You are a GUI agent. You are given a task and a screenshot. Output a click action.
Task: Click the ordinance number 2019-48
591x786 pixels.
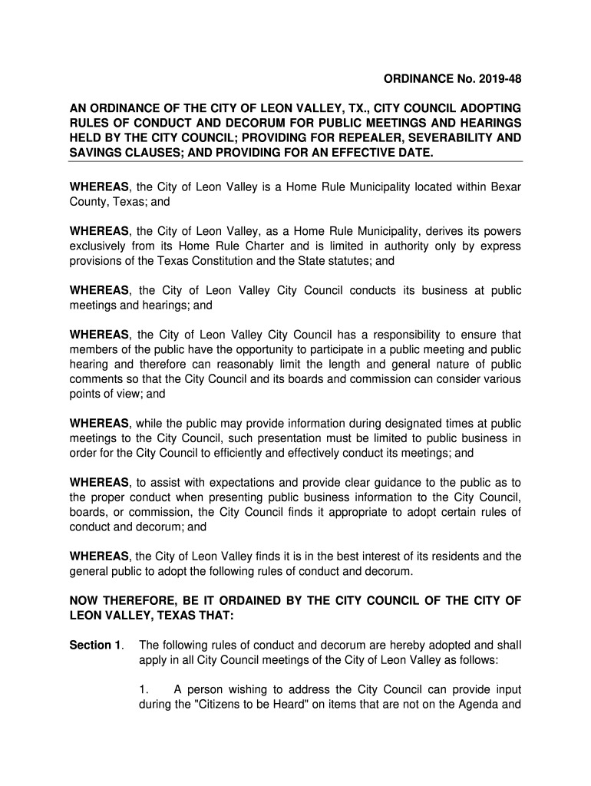tap(494, 78)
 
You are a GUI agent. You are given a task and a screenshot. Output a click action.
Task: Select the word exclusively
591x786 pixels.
tap(98, 246)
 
